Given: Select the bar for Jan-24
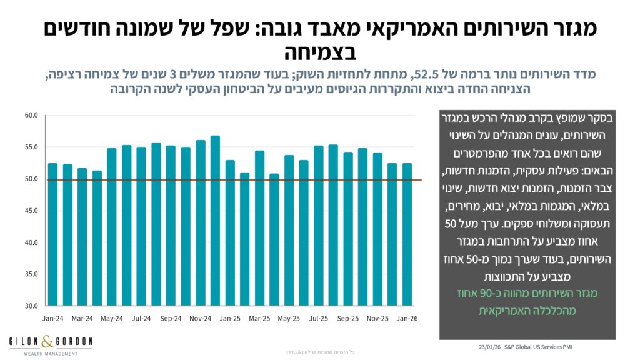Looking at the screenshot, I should tap(52, 234).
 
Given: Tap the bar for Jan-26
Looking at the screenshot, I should tap(407, 234).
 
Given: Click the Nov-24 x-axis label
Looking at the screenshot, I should tap(200, 318).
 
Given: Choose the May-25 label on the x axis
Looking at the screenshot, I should tap(289, 318).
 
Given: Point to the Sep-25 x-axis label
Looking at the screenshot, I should tap(348, 318).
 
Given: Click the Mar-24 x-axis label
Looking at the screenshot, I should tap(82, 318).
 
